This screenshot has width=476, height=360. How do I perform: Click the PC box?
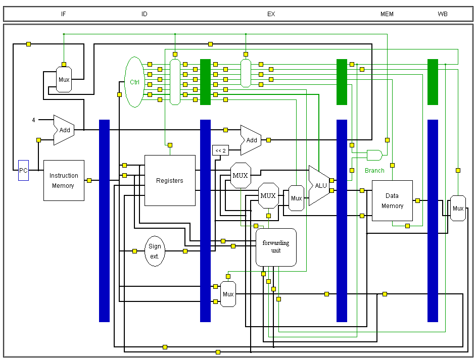(x=23, y=171)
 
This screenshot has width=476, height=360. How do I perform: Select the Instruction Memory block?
(x=64, y=180)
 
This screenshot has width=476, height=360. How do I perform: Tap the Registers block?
(x=170, y=180)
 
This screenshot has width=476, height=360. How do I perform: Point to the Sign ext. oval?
(x=155, y=251)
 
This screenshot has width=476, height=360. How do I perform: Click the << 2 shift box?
(x=220, y=150)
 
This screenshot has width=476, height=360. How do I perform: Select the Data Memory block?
(x=392, y=200)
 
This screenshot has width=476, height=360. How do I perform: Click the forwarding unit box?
(x=276, y=247)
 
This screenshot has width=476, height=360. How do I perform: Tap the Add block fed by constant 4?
(x=64, y=130)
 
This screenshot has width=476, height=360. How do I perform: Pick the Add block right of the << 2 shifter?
(x=251, y=140)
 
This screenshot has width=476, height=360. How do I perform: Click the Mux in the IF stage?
(x=64, y=79)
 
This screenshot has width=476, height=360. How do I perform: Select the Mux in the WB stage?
(x=458, y=208)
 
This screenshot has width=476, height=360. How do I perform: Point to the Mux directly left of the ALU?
(x=296, y=198)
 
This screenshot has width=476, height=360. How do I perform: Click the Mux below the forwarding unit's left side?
(x=228, y=294)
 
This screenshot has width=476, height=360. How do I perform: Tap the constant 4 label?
(x=34, y=120)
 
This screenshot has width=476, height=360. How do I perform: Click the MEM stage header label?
(x=387, y=14)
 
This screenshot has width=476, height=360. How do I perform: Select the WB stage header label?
(x=443, y=14)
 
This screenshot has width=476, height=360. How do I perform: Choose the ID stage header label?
(x=145, y=14)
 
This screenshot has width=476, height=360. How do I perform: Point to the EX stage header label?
(x=271, y=14)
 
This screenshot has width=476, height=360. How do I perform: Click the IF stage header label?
(x=64, y=14)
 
